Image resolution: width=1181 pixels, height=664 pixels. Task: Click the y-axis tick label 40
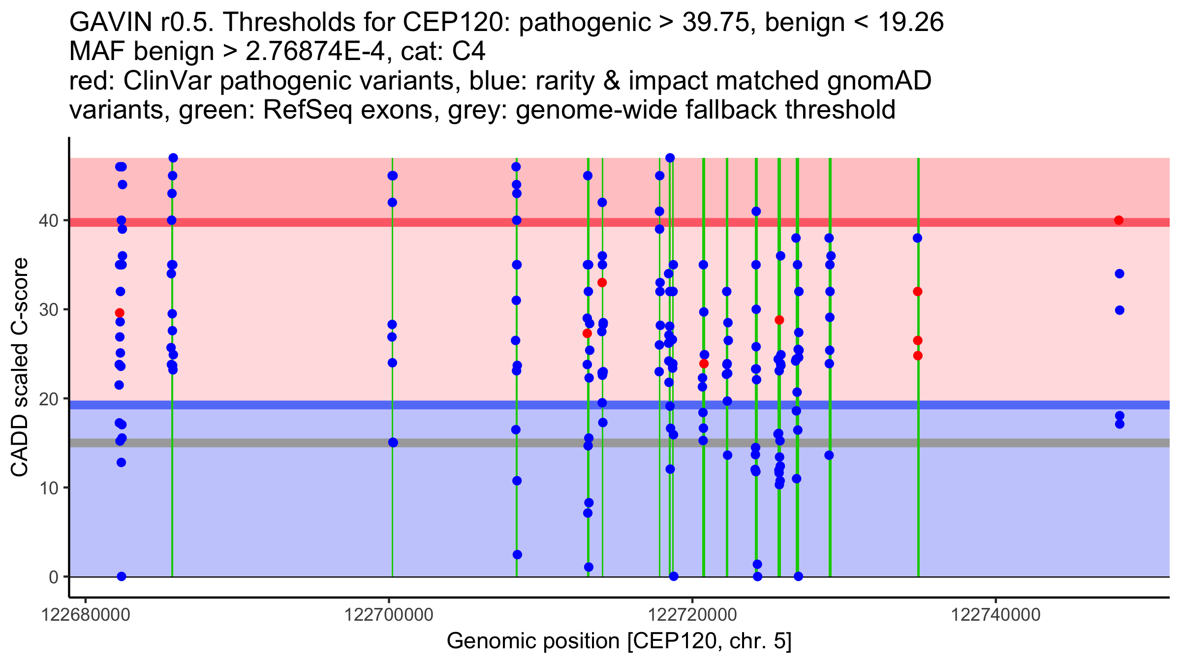point(48,220)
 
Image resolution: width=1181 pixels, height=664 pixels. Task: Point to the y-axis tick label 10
point(48,488)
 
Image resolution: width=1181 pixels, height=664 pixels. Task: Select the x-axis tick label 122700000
point(389,615)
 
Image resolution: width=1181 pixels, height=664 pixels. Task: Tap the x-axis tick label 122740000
point(996,615)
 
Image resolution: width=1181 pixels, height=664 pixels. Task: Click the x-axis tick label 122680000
point(86,615)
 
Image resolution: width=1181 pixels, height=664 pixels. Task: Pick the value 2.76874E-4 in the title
point(315,51)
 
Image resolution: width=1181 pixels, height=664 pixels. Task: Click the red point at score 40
point(1119,220)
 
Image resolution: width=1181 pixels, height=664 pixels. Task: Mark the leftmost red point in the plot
point(120,313)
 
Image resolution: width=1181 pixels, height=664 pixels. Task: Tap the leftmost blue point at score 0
point(122,576)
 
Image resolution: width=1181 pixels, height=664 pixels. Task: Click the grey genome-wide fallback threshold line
point(492,443)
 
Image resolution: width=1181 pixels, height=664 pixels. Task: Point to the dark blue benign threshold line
point(492,405)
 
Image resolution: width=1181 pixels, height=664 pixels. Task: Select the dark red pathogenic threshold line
point(492,222)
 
